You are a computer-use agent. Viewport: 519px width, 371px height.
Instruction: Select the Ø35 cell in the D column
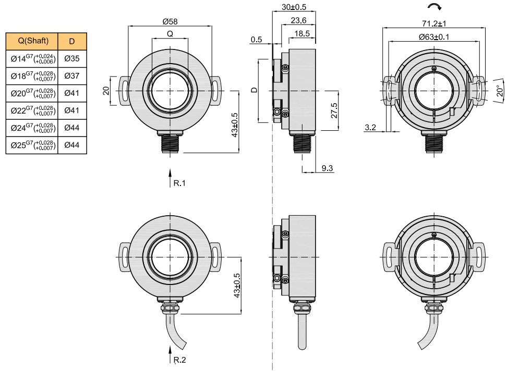72,58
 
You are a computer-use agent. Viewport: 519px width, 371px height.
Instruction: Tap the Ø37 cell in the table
72,76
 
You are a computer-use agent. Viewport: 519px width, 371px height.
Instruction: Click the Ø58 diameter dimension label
170,21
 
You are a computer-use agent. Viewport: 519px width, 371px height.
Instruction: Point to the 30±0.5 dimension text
294,7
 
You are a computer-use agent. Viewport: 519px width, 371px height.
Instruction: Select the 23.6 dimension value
298,20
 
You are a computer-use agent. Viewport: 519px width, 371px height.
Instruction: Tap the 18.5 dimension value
302,34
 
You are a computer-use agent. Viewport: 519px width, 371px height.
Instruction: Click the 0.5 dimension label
256,40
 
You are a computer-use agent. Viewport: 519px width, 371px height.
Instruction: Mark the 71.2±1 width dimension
434,23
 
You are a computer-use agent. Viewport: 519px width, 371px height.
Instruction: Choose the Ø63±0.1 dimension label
434,36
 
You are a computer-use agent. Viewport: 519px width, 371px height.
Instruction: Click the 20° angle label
500,91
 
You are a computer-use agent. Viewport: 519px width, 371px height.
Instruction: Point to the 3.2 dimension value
370,127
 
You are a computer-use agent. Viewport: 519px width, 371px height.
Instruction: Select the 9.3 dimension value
327,168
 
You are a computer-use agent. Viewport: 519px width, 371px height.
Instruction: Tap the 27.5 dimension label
334,110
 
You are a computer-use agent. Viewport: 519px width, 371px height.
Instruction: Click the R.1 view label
179,183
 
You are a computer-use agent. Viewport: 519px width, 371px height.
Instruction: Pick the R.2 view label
180,360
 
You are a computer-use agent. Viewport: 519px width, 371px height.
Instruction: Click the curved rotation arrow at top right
434,7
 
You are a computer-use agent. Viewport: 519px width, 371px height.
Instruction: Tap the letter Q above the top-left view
170,34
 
